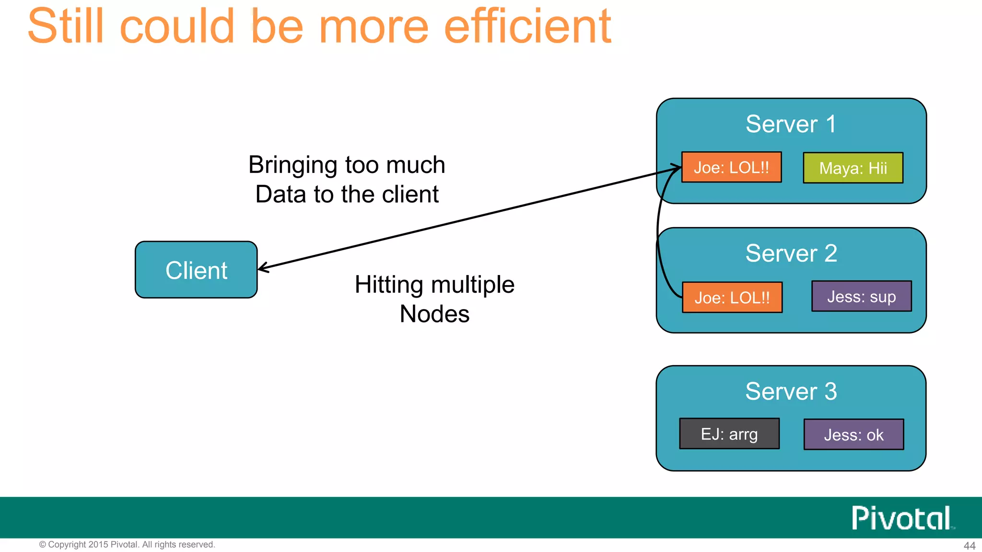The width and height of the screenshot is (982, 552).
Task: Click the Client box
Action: [196, 270]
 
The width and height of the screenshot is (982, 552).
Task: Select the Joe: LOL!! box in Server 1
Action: [731, 167]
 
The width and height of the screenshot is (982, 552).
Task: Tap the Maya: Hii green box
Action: [853, 168]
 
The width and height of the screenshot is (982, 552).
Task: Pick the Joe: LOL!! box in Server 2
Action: [732, 298]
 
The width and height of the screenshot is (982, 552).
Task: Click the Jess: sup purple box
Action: [861, 297]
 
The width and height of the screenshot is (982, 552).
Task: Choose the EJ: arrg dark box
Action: [729, 434]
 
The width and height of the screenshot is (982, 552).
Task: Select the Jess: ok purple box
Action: [853, 435]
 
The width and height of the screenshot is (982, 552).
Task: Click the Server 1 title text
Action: [791, 124]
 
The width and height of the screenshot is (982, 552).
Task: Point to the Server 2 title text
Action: [791, 253]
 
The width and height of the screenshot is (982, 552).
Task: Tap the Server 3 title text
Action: [791, 391]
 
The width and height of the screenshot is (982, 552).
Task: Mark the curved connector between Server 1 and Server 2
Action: [658, 235]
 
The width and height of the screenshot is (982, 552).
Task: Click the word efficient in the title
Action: [527, 26]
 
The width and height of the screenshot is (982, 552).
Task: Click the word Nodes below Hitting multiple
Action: [434, 314]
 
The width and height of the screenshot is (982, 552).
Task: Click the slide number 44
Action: [969, 546]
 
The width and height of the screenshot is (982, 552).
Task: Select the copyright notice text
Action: [127, 544]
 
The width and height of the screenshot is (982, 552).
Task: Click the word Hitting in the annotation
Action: [389, 285]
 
